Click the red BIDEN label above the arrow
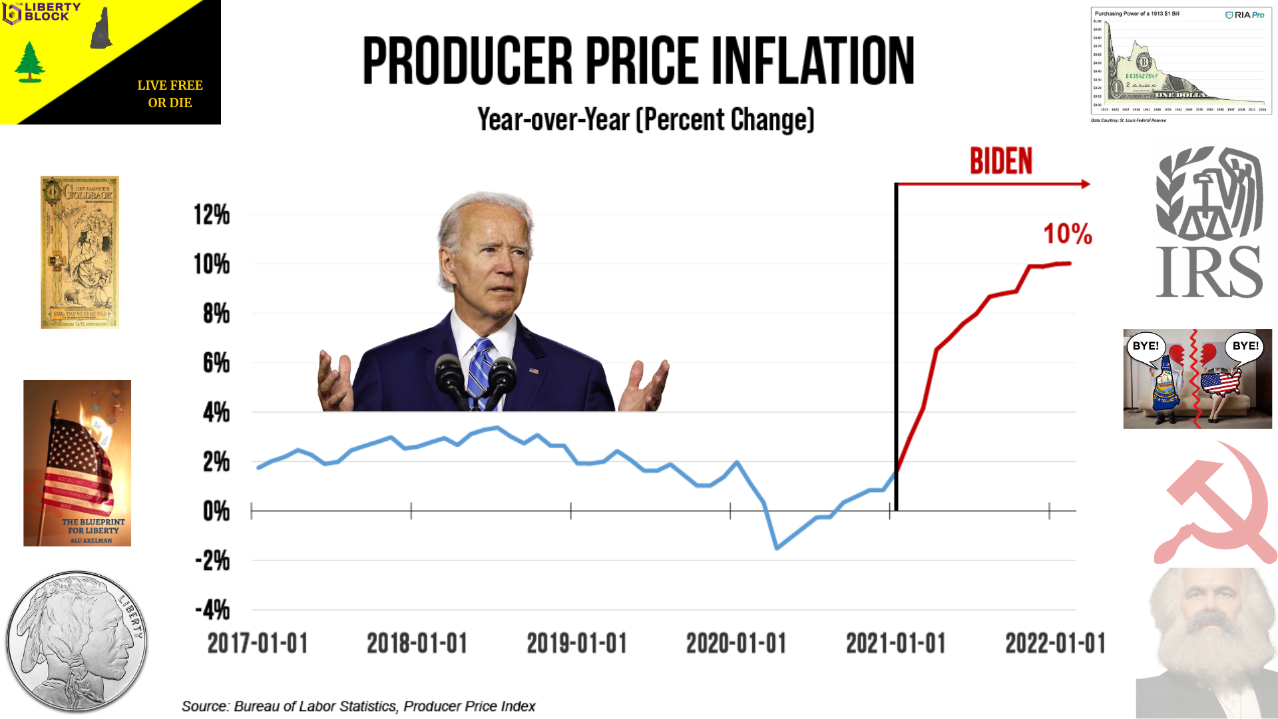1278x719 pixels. click(1000, 162)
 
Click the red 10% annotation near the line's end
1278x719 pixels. click(1068, 234)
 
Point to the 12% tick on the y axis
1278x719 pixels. click(212, 215)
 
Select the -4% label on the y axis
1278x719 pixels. click(212, 610)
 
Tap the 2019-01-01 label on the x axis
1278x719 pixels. click(576, 644)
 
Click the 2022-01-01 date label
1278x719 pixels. click(1055, 644)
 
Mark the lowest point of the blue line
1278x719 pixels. click(777, 548)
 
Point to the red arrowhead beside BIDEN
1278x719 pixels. click(1086, 184)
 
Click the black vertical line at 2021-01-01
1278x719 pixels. click(896, 346)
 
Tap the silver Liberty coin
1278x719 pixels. click(77, 641)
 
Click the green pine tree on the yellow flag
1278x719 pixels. click(29, 62)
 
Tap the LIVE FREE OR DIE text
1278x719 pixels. click(170, 94)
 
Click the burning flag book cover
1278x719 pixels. click(77, 463)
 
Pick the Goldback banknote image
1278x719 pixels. click(80, 252)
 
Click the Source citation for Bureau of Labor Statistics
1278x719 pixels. click(358, 706)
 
